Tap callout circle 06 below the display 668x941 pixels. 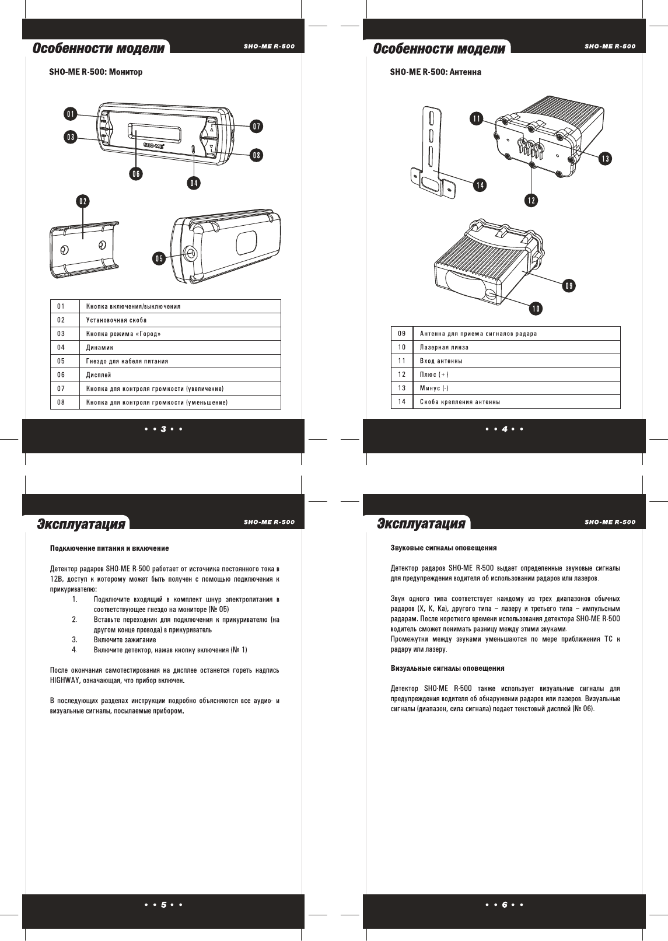coord(136,173)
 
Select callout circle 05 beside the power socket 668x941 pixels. coord(159,258)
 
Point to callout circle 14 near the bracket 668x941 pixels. coord(480,186)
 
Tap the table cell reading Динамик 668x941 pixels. coord(100,348)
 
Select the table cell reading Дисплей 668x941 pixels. coord(99,375)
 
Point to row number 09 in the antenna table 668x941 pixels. coord(402,334)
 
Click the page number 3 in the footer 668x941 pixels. coord(164,429)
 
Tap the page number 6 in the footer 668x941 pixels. coord(505,905)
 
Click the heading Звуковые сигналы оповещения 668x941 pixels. coord(443,548)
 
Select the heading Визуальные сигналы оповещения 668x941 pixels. coord(447,668)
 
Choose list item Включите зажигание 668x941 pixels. coord(125,640)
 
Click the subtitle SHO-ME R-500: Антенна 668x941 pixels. coord(435,72)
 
